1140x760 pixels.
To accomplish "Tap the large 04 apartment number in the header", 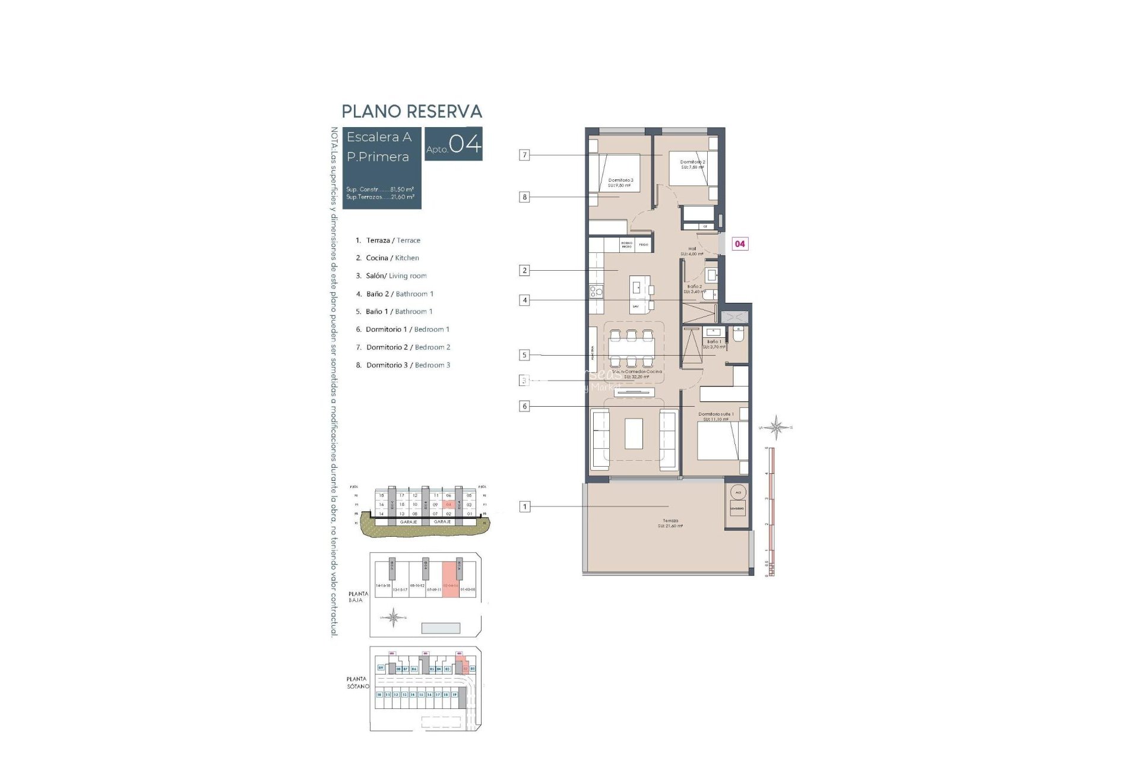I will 464,144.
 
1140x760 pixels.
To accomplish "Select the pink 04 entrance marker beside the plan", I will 739,243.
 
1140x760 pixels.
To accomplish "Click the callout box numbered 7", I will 524,155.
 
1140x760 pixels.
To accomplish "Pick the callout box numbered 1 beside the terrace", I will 524,506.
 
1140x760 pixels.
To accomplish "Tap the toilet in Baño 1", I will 739,334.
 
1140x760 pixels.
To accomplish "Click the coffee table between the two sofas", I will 634,433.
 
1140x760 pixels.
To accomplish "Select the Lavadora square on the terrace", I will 738,508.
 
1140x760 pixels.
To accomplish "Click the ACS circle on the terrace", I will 738,492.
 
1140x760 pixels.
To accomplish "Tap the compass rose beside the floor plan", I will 775,427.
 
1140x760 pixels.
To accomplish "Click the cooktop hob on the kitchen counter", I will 596,291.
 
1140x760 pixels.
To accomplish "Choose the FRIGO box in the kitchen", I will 644,244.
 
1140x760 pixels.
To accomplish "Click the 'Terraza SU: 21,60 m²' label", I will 670,523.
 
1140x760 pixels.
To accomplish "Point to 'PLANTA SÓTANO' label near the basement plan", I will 357,682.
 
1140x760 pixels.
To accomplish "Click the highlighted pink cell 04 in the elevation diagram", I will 449,505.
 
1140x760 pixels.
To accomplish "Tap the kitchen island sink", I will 636,287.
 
